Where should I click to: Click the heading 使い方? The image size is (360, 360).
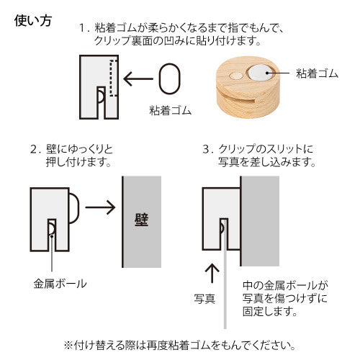click(33, 20)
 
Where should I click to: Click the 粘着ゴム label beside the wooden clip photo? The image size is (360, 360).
click(316, 73)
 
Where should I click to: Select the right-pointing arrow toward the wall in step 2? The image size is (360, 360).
click(100, 208)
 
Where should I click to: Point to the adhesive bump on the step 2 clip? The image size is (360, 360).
click(75, 210)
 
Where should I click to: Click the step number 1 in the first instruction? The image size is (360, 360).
click(83, 29)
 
